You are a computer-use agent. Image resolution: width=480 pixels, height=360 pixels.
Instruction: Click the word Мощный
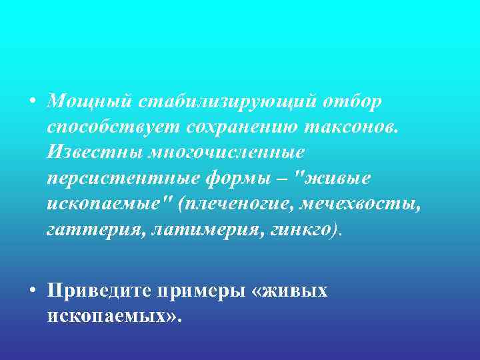pyautogui.click(x=90, y=101)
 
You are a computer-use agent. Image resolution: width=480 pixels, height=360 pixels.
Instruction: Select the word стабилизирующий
pyautogui.click(x=228, y=101)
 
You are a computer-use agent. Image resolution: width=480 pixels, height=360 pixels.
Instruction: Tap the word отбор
pyautogui.click(x=353, y=101)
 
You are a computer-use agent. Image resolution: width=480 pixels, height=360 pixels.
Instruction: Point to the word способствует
pyautogui.click(x=113, y=127)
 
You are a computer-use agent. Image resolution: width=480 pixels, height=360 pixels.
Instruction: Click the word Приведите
pyautogui.click(x=99, y=291)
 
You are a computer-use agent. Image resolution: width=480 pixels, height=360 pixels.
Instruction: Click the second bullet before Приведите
pyautogui.click(x=32, y=291)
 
